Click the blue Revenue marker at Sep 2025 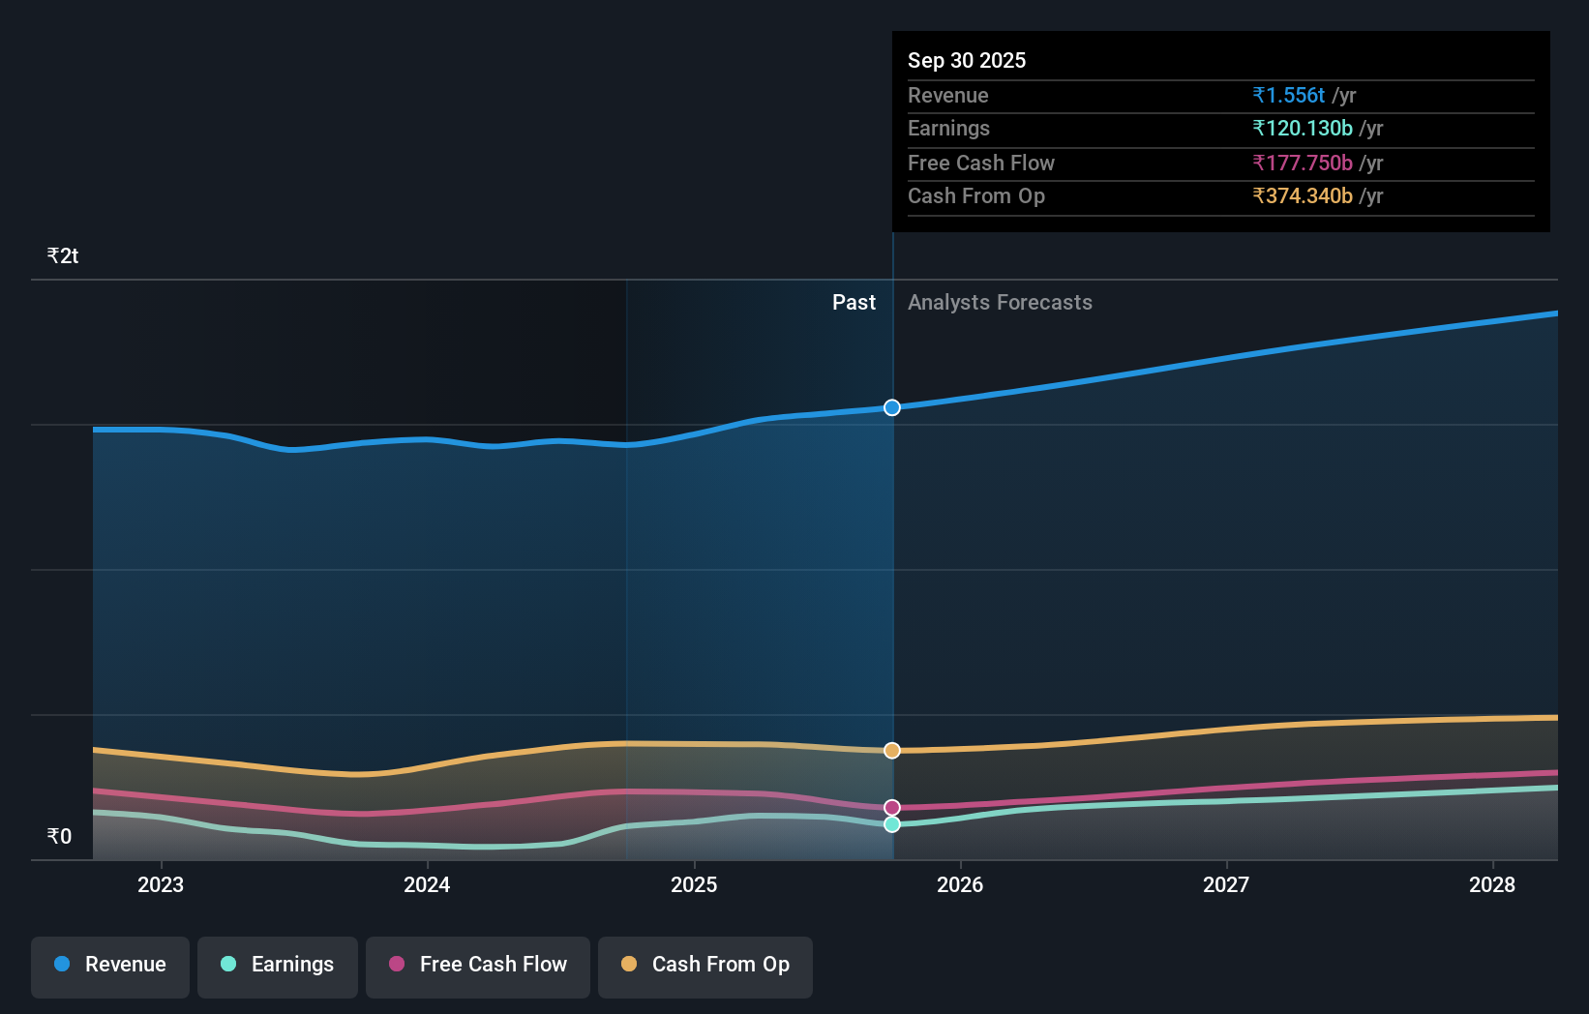click(892, 407)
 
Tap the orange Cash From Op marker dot click(892, 751)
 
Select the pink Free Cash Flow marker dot click(892, 807)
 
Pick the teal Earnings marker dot click(892, 824)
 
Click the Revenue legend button click(110, 965)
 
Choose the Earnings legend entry click(278, 965)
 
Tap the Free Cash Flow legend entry click(478, 965)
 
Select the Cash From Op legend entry click(705, 965)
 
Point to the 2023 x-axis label click(161, 884)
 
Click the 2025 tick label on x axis click(694, 884)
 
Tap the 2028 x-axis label click(1492, 884)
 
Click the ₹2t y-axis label click(63, 256)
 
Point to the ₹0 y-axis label click(60, 836)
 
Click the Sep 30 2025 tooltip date click(967, 60)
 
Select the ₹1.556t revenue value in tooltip click(1288, 95)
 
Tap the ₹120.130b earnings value click(1303, 128)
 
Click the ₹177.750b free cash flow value click(1303, 163)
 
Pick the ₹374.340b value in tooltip click(1303, 195)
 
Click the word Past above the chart click(854, 303)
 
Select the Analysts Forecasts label click(1000, 303)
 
